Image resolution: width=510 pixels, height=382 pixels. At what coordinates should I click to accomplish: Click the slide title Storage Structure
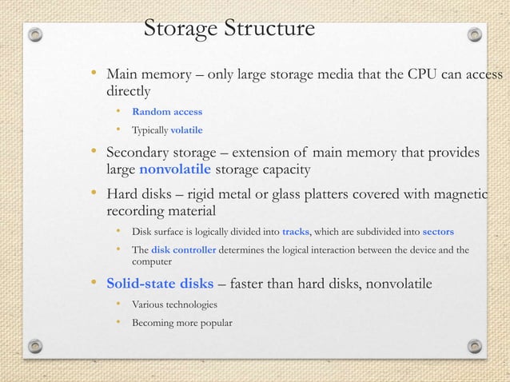coord(229,30)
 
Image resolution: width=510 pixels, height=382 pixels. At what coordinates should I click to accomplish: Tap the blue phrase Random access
coord(167,111)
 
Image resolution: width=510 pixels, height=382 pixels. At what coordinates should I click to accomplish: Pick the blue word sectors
coord(437,232)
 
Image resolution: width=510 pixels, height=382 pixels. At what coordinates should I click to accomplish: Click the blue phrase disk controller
coord(183,249)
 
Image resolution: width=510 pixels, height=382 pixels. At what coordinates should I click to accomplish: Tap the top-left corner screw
coord(34,35)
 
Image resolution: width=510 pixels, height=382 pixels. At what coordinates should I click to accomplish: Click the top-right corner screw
coord(474,35)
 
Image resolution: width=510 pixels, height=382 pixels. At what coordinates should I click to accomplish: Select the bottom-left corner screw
coord(34,345)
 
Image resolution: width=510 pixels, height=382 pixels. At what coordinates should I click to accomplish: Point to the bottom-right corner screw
coord(474,345)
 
